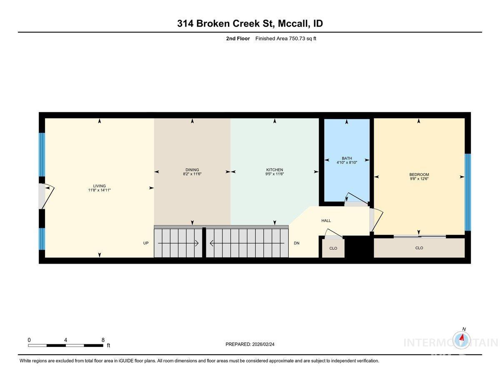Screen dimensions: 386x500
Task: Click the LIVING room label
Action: coord(99,186)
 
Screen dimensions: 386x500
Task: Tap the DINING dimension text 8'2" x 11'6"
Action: coord(192,174)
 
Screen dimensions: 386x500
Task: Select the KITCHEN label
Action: coord(275,169)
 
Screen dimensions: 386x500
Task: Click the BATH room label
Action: coord(347,158)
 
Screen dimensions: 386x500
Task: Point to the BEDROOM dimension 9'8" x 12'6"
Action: coord(419,179)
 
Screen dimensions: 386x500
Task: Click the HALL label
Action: coord(326,221)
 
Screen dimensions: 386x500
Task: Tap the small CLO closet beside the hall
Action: coord(333,248)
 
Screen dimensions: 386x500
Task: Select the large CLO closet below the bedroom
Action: coord(419,248)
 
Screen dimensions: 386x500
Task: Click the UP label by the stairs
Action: coord(146,243)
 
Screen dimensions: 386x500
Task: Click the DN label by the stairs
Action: coord(297,243)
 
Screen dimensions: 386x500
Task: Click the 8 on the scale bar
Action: coord(103,340)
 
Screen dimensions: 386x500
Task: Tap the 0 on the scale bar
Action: coord(29,340)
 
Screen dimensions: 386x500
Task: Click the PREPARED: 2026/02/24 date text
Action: coord(250,344)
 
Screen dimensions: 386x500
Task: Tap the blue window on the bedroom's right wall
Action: coord(467,192)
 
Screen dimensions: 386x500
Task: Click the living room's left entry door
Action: coord(43,196)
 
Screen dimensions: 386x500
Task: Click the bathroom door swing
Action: coord(354,199)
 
